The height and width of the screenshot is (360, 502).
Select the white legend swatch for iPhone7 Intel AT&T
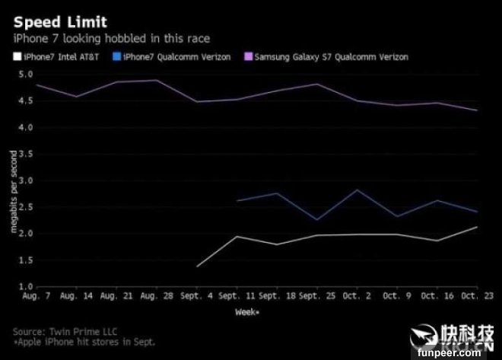point(17,57)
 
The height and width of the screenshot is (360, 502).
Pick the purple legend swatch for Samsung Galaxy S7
point(247,57)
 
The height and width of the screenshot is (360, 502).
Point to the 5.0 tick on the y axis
point(25,75)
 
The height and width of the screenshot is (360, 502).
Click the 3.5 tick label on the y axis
point(25,154)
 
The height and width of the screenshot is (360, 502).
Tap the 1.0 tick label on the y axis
point(25,286)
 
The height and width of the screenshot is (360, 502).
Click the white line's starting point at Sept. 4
point(197,266)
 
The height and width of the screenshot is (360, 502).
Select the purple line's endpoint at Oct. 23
point(478,110)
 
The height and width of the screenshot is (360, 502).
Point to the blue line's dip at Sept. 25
point(316,220)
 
